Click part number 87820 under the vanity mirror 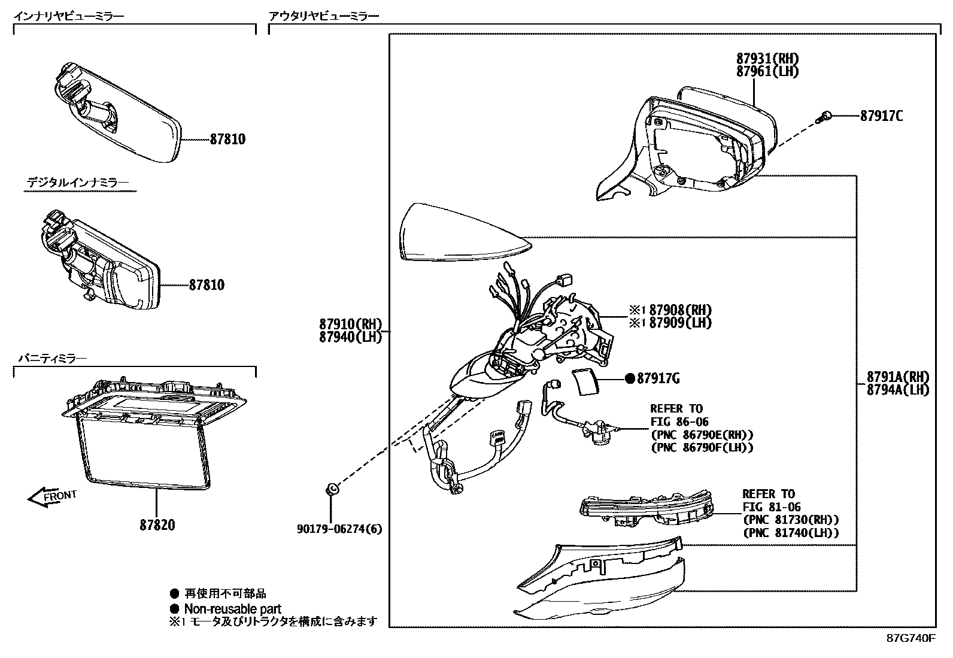click(x=157, y=525)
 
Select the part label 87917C click(x=881, y=116)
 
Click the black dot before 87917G click(x=630, y=378)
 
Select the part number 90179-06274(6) click(x=339, y=529)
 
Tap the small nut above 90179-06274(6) click(x=330, y=489)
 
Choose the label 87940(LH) click(x=350, y=337)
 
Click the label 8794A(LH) click(x=898, y=390)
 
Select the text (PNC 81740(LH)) click(x=790, y=533)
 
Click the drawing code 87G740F click(x=910, y=638)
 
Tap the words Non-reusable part click(x=232, y=609)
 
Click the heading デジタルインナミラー click(x=78, y=182)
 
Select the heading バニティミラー click(x=53, y=359)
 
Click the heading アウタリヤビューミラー click(x=324, y=16)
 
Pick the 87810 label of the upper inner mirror click(x=227, y=140)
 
